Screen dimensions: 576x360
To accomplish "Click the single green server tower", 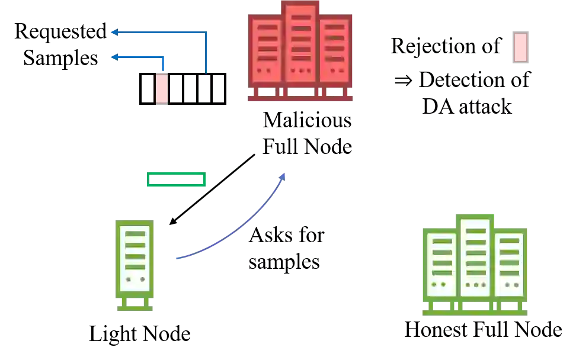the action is pos(135,258).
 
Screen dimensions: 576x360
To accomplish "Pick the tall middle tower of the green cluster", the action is pos(476,255).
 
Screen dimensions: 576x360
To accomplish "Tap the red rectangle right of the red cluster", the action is pos(520,47).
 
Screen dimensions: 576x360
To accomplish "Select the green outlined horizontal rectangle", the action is pos(177,179).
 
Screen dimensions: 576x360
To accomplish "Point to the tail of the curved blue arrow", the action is pos(178,258).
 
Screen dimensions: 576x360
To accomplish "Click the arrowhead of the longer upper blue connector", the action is pos(113,31).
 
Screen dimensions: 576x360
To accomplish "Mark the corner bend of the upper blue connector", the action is pos(206,31).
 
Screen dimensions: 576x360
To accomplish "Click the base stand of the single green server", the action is pos(135,306).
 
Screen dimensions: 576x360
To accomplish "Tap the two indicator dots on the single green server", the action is pos(135,279).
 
